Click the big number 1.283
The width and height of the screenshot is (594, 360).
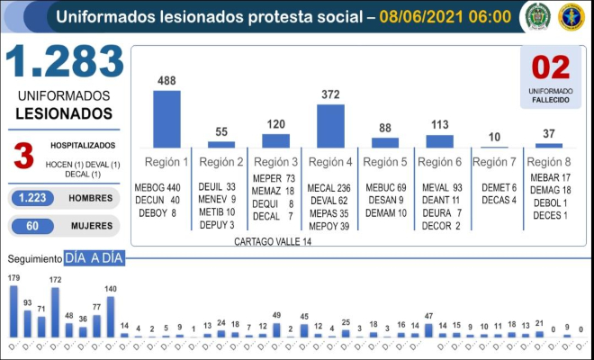64,60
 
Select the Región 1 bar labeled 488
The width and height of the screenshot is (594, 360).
166,118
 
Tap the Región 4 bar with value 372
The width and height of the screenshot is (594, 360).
330,125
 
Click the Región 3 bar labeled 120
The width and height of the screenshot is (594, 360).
275,140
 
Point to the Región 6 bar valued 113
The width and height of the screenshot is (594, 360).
439,141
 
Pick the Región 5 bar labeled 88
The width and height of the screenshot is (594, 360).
385,142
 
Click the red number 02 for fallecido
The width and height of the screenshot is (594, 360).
552,68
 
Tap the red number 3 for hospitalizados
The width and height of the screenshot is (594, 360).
23,155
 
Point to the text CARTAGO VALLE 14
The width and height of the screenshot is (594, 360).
273,242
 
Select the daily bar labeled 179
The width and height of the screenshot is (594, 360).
13,310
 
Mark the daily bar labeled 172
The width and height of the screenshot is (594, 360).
55,312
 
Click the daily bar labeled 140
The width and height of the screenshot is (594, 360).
111,317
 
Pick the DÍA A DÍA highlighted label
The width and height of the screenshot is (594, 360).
94,259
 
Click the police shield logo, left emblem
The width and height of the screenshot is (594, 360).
537,16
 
